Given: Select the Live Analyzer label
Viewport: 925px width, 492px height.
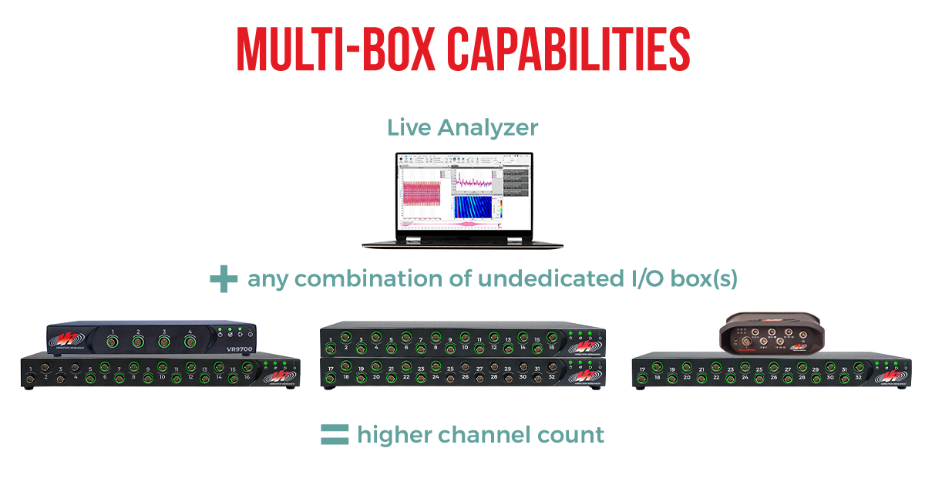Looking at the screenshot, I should pos(462,127).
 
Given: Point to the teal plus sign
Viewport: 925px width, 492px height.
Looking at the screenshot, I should pos(224,279).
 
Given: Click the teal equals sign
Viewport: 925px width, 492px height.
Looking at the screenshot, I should pos(335,435).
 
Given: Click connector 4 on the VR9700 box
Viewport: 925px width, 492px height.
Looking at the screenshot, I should pos(189,339).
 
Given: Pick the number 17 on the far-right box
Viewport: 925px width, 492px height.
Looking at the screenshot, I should pos(642,369).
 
